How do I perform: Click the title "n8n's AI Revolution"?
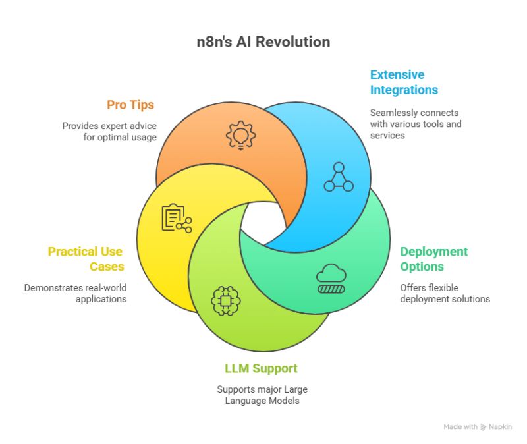point(263,42)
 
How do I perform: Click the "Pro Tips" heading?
point(131,105)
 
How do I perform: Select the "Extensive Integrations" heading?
point(404,82)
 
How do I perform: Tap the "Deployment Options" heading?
point(433,259)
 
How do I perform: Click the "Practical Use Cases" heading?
point(86,259)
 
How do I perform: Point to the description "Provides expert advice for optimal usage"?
point(109,131)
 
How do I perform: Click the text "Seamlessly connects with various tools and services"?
point(415,124)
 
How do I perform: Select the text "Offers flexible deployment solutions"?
point(445,293)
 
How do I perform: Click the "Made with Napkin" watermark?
point(478,427)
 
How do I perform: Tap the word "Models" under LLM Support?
point(284,401)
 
